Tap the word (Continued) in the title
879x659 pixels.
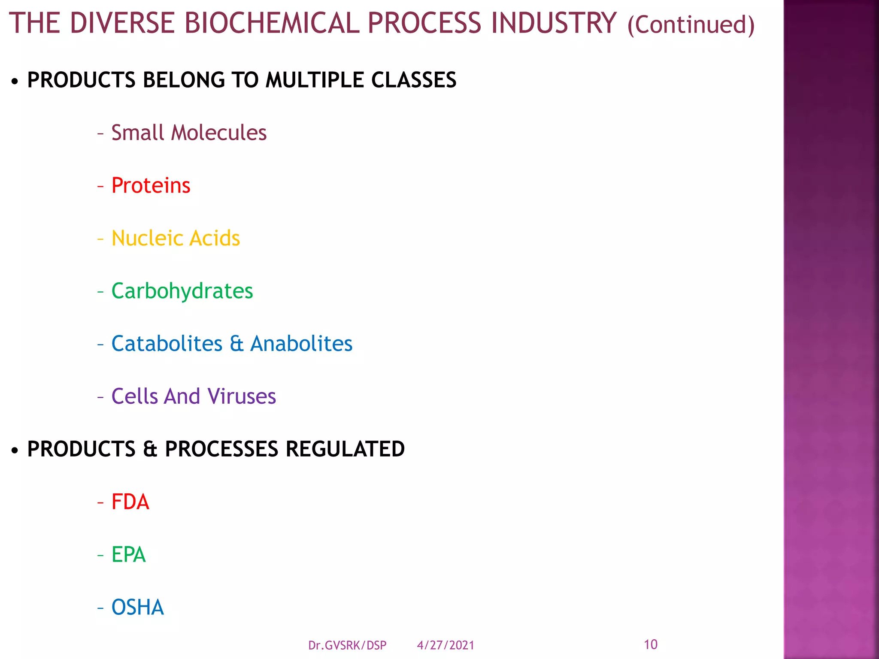click(691, 25)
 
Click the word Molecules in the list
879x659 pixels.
click(219, 133)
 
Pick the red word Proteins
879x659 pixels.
click(151, 185)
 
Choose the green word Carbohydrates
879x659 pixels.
click(182, 291)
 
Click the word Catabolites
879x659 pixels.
click(167, 344)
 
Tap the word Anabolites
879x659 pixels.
click(301, 344)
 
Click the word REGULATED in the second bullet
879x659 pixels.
click(345, 449)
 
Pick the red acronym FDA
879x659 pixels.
click(130, 502)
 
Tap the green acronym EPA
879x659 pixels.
click(128, 555)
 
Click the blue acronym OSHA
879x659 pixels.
click(137, 608)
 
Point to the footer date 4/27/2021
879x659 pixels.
click(446, 645)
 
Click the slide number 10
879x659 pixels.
click(651, 644)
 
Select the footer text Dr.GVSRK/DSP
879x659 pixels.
click(347, 645)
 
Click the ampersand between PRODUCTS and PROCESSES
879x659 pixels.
click(150, 449)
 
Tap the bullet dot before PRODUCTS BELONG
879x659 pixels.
click(15, 81)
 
